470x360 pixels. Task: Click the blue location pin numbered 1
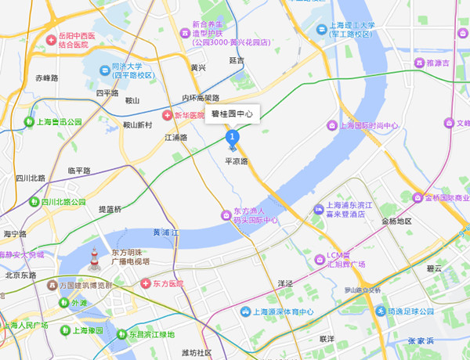click(232, 139)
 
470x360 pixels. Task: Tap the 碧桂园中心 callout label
click(232, 114)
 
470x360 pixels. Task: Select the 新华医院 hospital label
click(189, 115)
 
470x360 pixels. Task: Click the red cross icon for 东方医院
click(146, 283)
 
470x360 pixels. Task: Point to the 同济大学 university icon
click(104, 70)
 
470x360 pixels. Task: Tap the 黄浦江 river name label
click(167, 232)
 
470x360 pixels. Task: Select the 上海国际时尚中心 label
click(367, 126)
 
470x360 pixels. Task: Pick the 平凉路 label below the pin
click(236, 161)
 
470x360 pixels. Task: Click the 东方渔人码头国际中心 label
click(255, 216)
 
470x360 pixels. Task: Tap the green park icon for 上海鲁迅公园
click(31, 122)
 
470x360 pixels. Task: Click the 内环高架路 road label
click(201, 98)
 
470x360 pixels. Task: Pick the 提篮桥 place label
click(110, 209)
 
